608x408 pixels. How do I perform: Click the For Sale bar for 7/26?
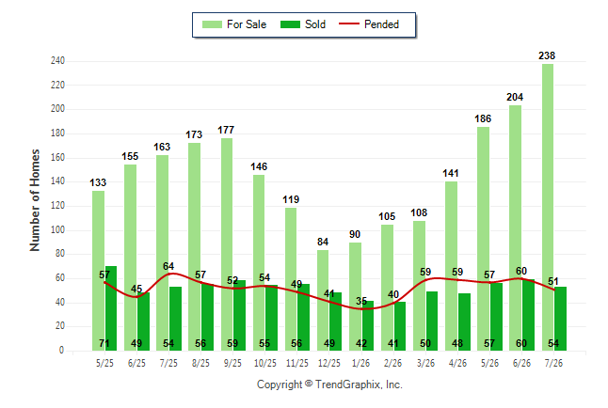click(x=548, y=208)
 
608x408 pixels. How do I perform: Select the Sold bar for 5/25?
click(x=111, y=308)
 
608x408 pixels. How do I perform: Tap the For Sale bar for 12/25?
click(x=323, y=300)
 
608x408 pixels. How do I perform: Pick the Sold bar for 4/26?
click(x=464, y=322)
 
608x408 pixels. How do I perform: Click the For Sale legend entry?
click(x=234, y=24)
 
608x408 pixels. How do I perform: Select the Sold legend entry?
click(x=303, y=24)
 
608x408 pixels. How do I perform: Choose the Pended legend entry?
click(x=369, y=24)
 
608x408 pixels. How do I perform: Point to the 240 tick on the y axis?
click(x=57, y=61)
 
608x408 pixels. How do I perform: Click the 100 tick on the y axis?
click(x=57, y=229)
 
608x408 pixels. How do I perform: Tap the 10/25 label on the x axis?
click(x=265, y=363)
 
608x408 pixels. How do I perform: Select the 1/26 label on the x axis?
click(x=360, y=363)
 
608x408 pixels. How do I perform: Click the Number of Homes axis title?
click(x=35, y=200)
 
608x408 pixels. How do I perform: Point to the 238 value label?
click(x=547, y=55)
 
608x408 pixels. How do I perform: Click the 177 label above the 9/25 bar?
click(x=226, y=130)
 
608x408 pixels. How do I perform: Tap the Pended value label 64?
click(x=168, y=266)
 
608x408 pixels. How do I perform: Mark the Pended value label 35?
click(x=361, y=301)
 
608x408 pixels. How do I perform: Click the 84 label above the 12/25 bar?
click(x=323, y=242)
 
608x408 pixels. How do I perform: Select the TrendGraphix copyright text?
click(x=329, y=384)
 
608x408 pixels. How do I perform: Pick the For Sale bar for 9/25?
click(x=227, y=244)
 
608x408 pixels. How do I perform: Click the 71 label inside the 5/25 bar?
click(x=104, y=343)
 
